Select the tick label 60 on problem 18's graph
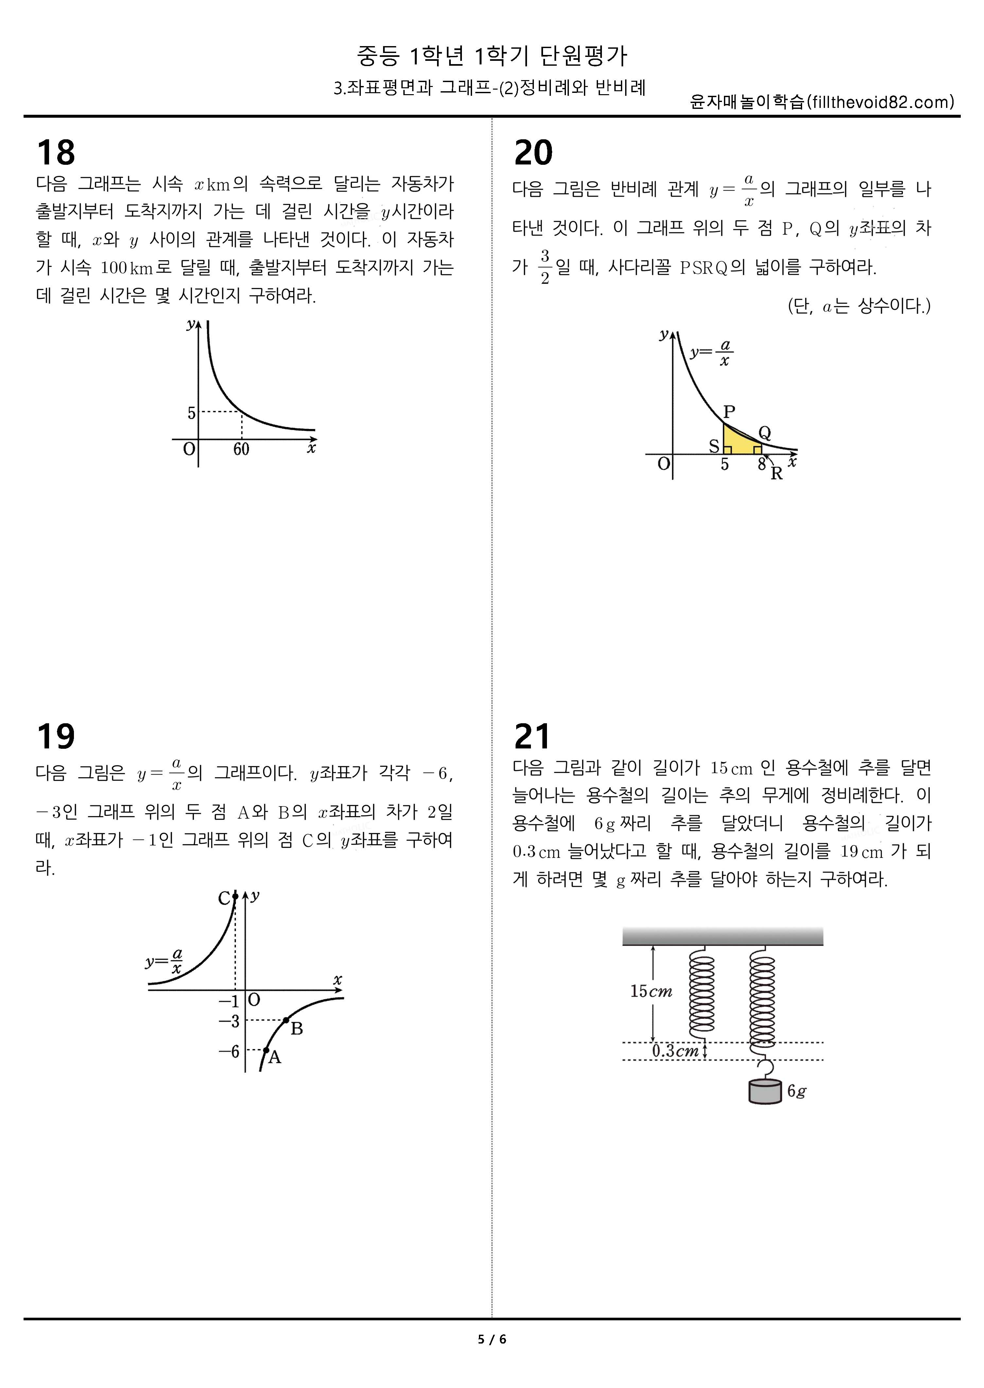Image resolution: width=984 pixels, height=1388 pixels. pos(241,449)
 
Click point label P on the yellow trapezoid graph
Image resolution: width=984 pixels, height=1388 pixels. pos(729,412)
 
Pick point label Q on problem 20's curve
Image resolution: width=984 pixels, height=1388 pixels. pos(764,433)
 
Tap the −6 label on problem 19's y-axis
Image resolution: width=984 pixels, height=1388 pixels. pos(229,1051)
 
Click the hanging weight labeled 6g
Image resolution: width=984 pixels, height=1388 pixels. pos(765,1092)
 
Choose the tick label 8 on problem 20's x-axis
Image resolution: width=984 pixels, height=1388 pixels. pos(762,465)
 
